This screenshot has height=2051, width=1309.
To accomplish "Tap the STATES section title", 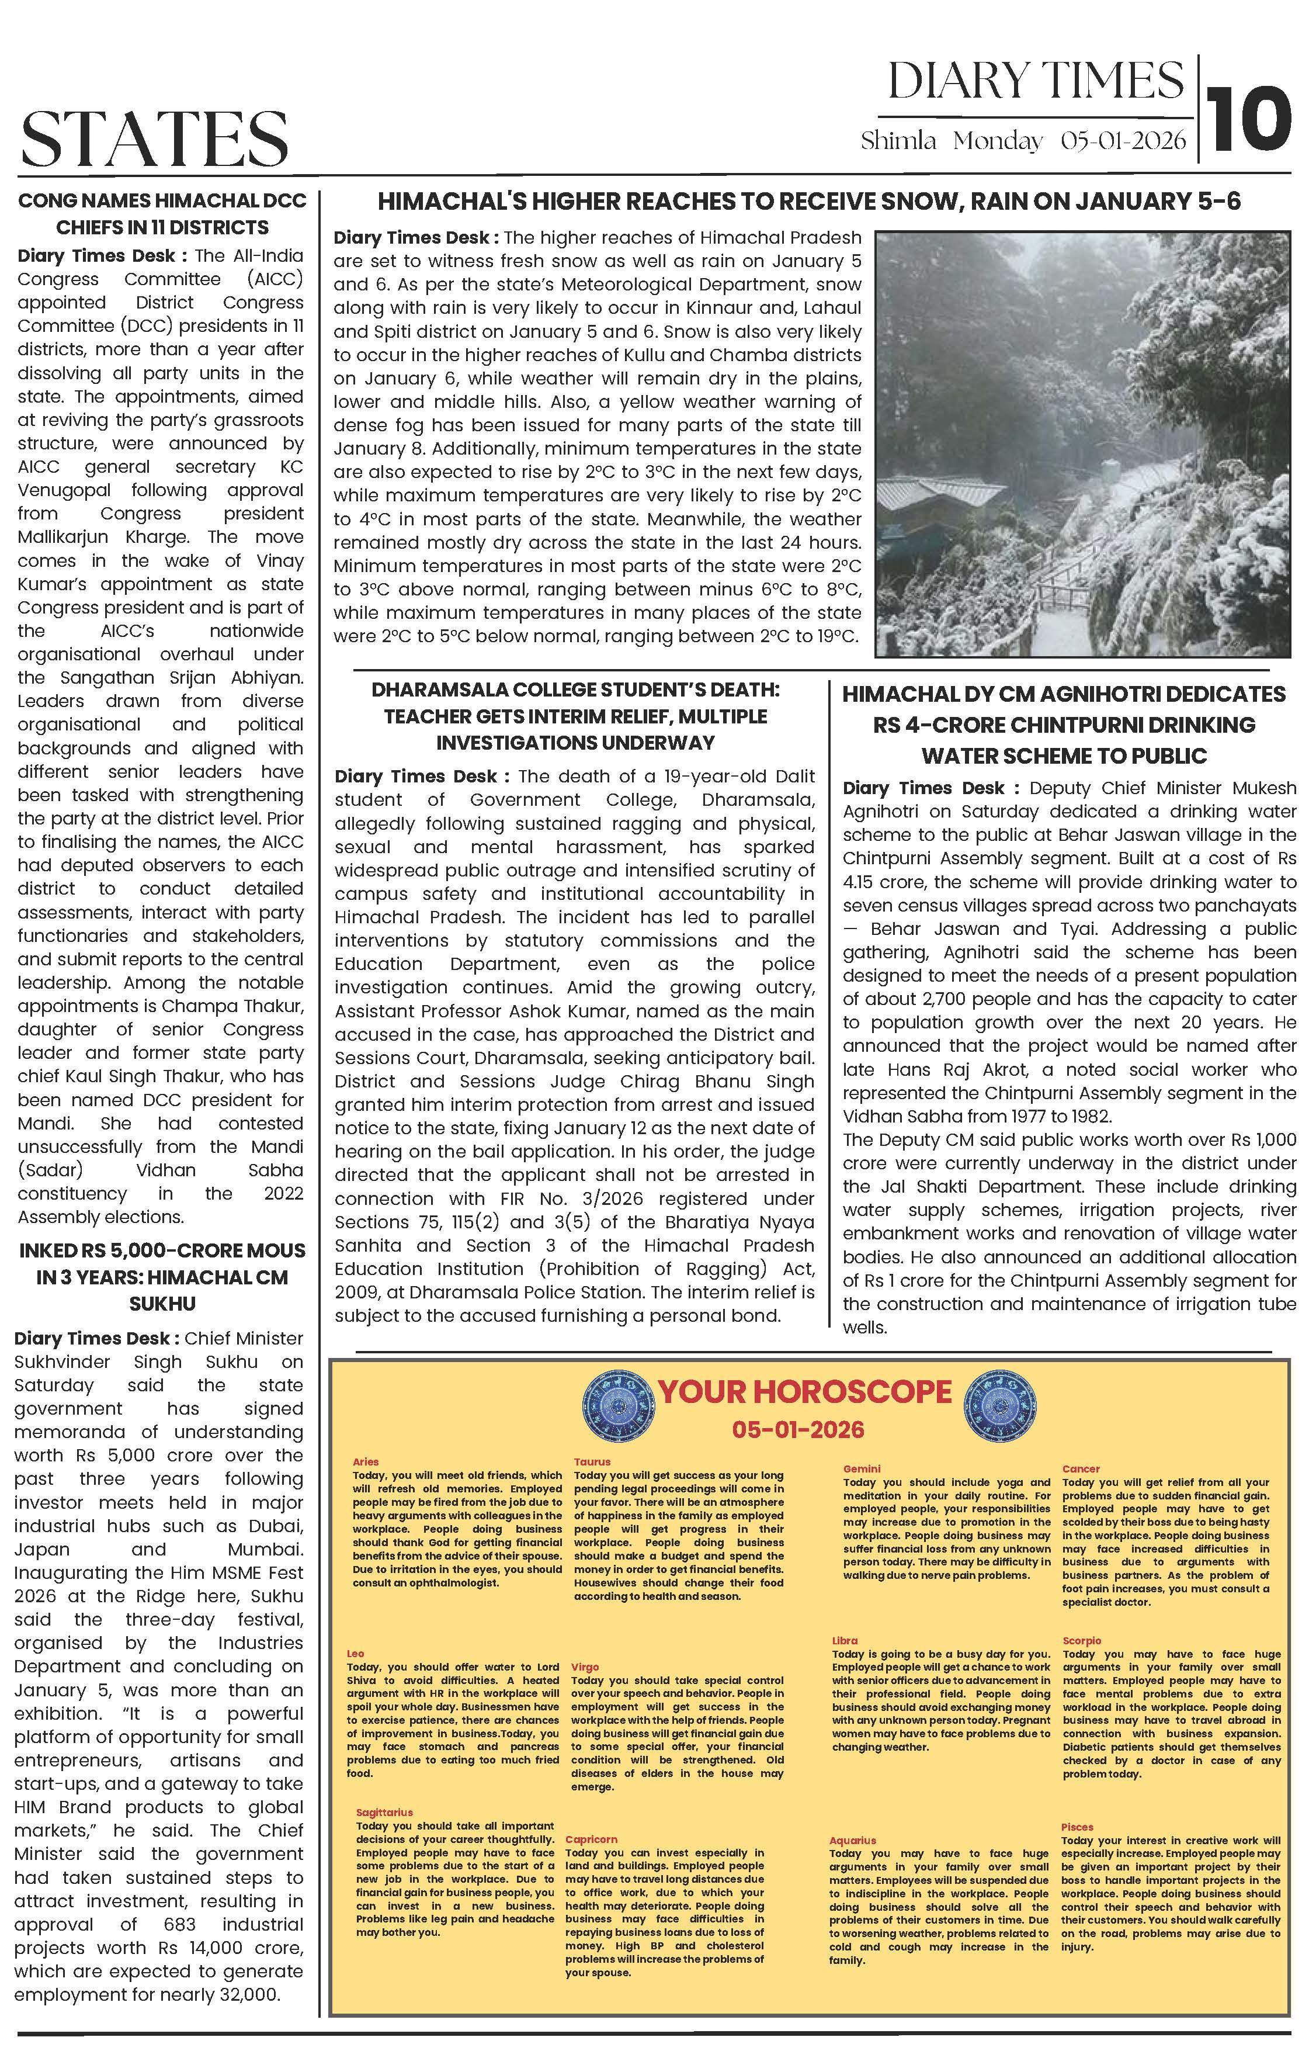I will [154, 138].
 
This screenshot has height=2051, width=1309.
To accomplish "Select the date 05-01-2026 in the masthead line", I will [1123, 141].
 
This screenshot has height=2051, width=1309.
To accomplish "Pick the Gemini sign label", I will [861, 1468].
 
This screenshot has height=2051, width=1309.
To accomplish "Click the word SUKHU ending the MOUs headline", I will [162, 1304].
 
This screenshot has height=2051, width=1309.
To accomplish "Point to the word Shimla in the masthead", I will [898, 141].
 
